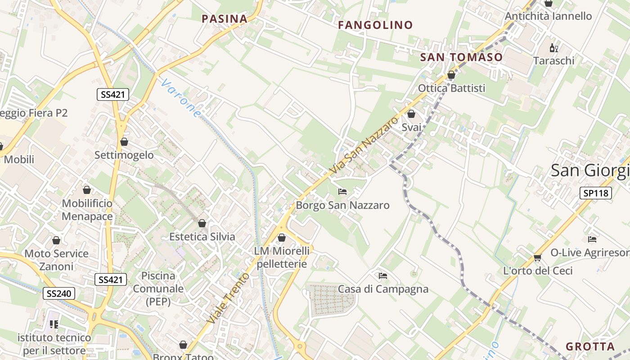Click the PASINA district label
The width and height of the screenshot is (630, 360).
[225, 19]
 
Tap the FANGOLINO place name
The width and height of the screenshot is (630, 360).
[375, 25]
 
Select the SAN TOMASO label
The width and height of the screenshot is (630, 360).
[461, 57]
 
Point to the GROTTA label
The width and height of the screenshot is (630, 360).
[590, 346]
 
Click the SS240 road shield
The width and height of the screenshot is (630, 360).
[59, 294]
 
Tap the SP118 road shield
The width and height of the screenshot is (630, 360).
[595, 193]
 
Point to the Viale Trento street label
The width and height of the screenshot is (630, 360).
[228, 298]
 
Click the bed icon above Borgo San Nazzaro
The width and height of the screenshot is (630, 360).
[342, 192]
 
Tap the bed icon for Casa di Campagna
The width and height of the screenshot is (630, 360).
[383, 275]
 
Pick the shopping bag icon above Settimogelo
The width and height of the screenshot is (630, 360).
[124, 142]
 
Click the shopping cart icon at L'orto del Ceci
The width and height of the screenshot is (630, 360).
[537, 257]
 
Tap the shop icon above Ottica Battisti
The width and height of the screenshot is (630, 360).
[451, 75]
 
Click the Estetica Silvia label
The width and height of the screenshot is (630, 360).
[202, 237]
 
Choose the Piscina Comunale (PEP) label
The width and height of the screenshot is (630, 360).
[158, 288]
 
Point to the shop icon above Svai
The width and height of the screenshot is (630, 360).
[411, 114]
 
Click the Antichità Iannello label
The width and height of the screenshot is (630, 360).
[548, 16]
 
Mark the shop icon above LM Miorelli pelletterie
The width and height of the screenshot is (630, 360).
[282, 237]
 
